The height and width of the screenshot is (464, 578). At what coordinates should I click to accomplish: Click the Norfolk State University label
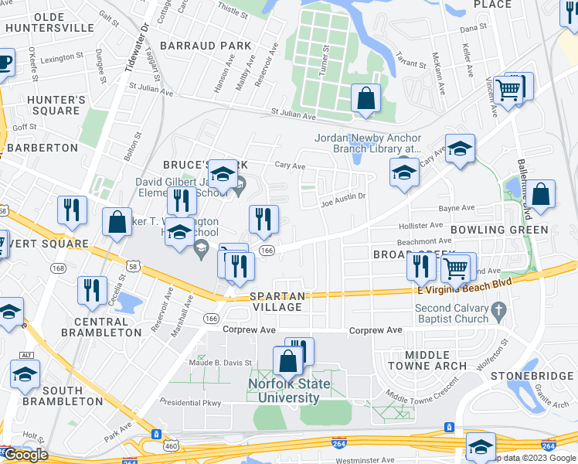[x=284, y=391]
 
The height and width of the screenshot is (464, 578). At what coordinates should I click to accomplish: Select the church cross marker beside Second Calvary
[x=499, y=312]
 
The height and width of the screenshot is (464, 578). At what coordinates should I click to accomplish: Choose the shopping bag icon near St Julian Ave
[x=366, y=98]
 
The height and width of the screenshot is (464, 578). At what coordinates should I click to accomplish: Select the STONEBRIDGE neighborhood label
[x=532, y=376]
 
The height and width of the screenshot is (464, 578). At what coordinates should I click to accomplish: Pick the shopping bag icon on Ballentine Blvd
[x=541, y=195]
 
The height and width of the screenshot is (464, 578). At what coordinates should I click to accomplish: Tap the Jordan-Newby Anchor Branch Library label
[x=367, y=144]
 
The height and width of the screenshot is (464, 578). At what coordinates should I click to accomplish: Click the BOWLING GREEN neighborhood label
[x=499, y=230]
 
